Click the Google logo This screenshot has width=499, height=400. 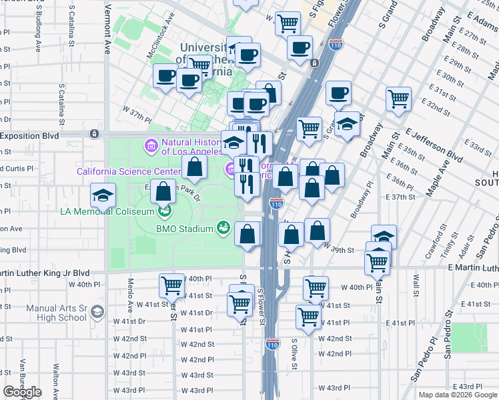click(x=22, y=392)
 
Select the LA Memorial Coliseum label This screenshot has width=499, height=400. click(x=107, y=212)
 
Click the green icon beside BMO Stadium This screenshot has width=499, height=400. click(x=224, y=229)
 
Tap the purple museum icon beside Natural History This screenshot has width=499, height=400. click(x=151, y=145)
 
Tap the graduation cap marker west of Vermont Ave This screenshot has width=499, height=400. click(x=103, y=195)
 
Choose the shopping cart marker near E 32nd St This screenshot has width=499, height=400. click(x=398, y=99)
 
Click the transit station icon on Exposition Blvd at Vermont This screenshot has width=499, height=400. click(x=94, y=134)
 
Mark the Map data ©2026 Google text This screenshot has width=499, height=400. click(x=457, y=395)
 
